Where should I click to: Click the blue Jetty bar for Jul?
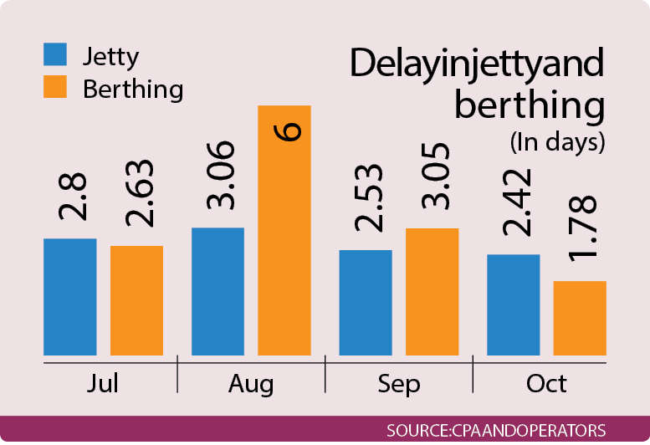(x=69, y=297)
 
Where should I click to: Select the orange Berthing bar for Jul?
(x=136, y=300)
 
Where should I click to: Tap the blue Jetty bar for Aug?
(x=218, y=291)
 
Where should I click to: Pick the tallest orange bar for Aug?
(x=284, y=230)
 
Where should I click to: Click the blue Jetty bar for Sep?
(x=366, y=303)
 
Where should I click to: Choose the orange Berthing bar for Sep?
(x=432, y=291)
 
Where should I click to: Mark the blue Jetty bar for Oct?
(x=513, y=304)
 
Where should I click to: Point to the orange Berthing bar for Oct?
(x=579, y=318)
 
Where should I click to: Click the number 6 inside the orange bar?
(x=285, y=133)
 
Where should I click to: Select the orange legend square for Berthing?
(x=54, y=86)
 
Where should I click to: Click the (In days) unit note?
(x=556, y=142)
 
